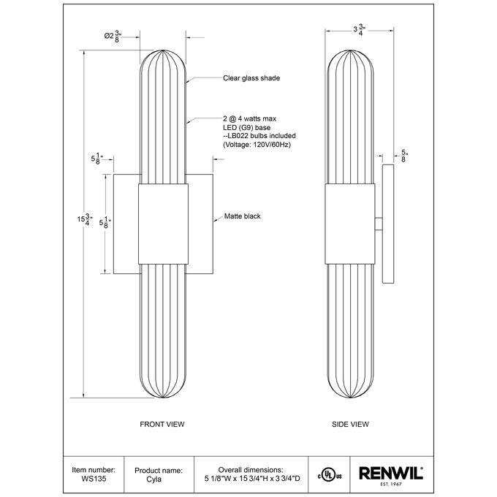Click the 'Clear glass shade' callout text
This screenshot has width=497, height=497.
click(251, 78)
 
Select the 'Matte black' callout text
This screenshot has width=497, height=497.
click(242, 216)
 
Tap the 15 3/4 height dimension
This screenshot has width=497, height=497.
click(85, 219)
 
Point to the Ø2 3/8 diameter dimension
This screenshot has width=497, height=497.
click(113, 36)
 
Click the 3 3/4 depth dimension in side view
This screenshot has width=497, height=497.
click(360, 30)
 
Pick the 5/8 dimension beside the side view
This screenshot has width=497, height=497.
click(404, 156)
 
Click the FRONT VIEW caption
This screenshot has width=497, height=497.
click(162, 424)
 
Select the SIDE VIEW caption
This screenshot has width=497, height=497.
click(350, 424)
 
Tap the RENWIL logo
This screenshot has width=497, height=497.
click(391, 473)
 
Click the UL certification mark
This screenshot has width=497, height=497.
click(330, 476)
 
